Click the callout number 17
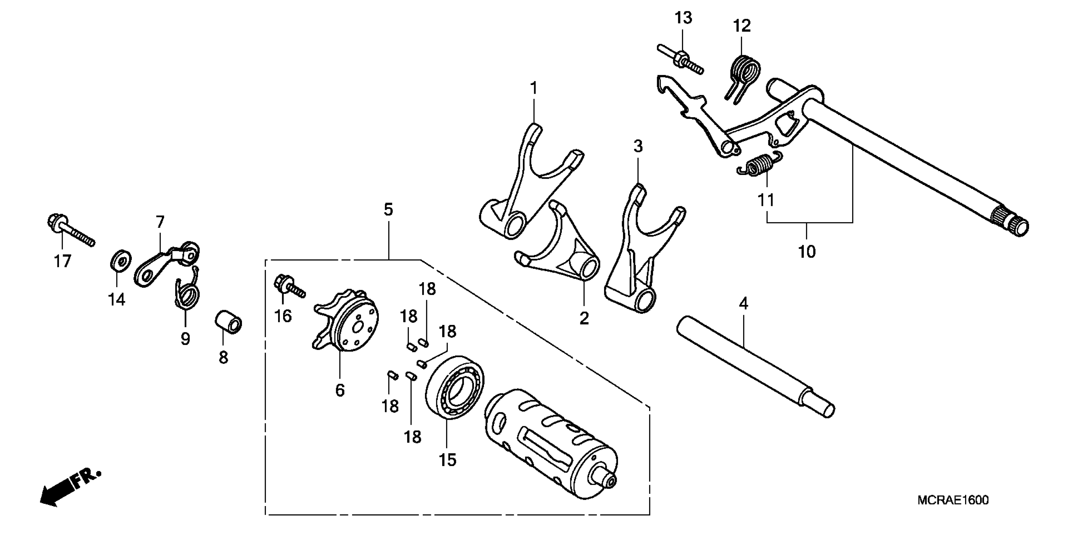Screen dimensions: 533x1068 [x=62, y=261]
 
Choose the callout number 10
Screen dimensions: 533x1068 [x=807, y=251]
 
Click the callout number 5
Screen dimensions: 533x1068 [x=388, y=209]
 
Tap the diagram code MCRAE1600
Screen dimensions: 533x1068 [x=953, y=500]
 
